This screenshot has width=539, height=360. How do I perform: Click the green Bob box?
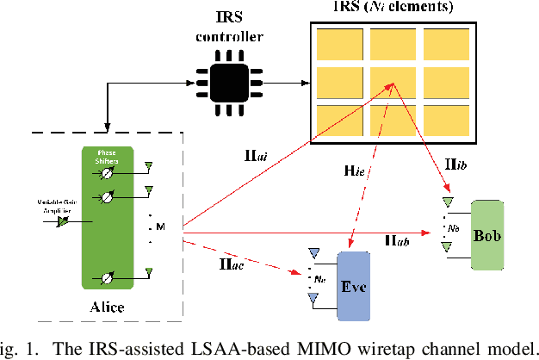click(x=487, y=234)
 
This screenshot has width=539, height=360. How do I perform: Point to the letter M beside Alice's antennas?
click(x=158, y=226)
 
